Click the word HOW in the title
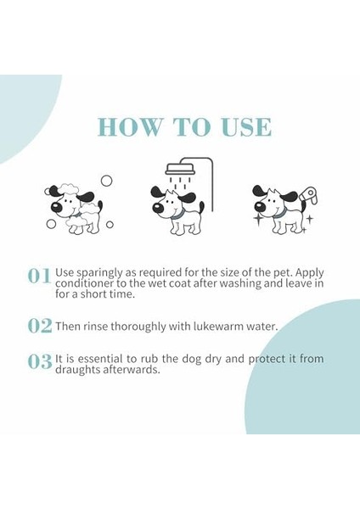129,127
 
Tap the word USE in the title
246,127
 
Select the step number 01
39,276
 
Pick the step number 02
40,326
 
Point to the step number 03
40,361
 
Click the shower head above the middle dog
181,170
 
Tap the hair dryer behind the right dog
309,196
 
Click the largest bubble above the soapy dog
106,181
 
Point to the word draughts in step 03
77,370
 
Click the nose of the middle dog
158,208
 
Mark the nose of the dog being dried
259,206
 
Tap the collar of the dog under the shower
177,215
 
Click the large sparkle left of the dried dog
259,219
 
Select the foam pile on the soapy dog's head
67,189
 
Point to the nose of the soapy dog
56,208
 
